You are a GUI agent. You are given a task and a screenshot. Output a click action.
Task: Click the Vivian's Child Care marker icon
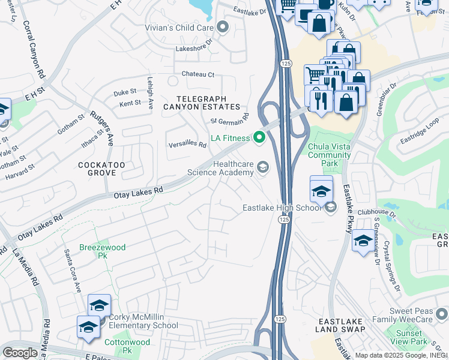click(x=223, y=26)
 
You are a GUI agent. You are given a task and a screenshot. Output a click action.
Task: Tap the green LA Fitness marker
click(x=259, y=139)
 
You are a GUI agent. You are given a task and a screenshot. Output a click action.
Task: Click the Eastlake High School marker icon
click(x=330, y=208)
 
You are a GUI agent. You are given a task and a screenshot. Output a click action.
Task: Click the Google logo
click(x=20, y=352)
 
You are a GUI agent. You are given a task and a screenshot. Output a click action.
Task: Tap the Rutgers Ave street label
click(x=101, y=128)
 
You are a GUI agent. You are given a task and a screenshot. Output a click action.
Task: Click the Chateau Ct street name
click(x=198, y=74)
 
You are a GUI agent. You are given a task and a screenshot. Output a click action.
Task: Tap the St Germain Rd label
click(x=229, y=118)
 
